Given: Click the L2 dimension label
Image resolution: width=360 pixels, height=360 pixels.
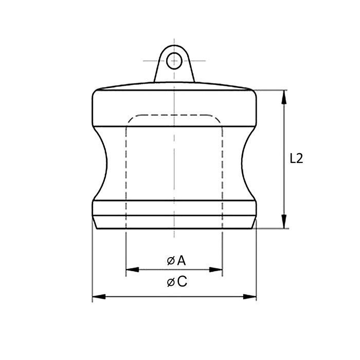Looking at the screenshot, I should pyautogui.click(x=296, y=159).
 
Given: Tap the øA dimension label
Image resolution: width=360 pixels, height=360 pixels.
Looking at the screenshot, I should pyautogui.click(x=176, y=261).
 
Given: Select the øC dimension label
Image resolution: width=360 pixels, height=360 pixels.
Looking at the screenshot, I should pyautogui.click(x=176, y=282).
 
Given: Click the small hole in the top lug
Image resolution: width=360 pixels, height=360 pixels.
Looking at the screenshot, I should pyautogui.click(x=174, y=60).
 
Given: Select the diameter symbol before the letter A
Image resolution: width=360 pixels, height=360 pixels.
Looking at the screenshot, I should pyautogui.click(x=170, y=261).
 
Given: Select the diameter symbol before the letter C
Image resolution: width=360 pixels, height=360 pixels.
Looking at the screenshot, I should pyautogui.click(x=170, y=282).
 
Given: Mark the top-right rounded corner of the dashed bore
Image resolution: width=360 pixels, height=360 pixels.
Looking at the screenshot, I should pyautogui.click(x=218, y=119).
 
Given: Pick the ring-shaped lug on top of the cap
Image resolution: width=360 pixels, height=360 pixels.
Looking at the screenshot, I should pyautogui.click(x=174, y=64).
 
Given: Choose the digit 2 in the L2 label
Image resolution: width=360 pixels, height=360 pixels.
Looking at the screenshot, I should pyautogui.click(x=300, y=159).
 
